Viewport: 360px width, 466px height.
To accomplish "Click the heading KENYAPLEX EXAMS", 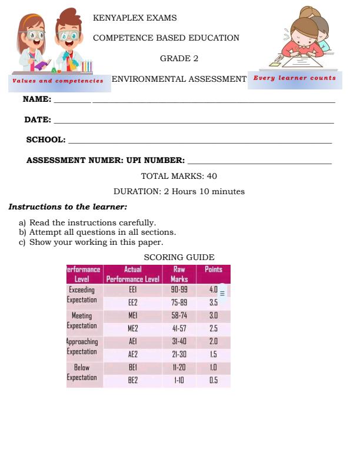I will [x=135, y=18].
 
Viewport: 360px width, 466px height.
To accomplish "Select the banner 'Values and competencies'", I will [x=58, y=81].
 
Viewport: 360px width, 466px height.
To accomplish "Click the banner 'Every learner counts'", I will [x=295, y=78].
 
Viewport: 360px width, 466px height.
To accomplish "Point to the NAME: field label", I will [x=37, y=99].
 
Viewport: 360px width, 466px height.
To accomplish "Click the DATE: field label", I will [x=38, y=119].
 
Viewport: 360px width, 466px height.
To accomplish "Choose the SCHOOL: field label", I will [x=46, y=139].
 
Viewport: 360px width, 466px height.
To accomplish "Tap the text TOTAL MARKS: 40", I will [x=179, y=176].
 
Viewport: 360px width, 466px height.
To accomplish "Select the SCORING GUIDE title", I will [x=179, y=257].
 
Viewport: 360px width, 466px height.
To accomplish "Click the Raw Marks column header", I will [x=179, y=274].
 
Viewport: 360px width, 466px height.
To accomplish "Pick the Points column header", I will [x=213, y=269].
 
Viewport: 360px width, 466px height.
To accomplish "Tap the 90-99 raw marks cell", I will [x=179, y=289].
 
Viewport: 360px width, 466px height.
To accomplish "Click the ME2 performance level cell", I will [x=132, y=328].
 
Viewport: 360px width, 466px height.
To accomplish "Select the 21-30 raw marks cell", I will [x=179, y=354].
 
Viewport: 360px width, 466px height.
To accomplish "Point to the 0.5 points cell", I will [x=213, y=380].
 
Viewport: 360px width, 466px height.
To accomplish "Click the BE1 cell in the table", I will [x=132, y=367].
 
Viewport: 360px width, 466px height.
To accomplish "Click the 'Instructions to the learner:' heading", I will [x=68, y=207].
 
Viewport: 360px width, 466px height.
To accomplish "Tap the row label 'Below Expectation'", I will [x=82, y=372].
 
